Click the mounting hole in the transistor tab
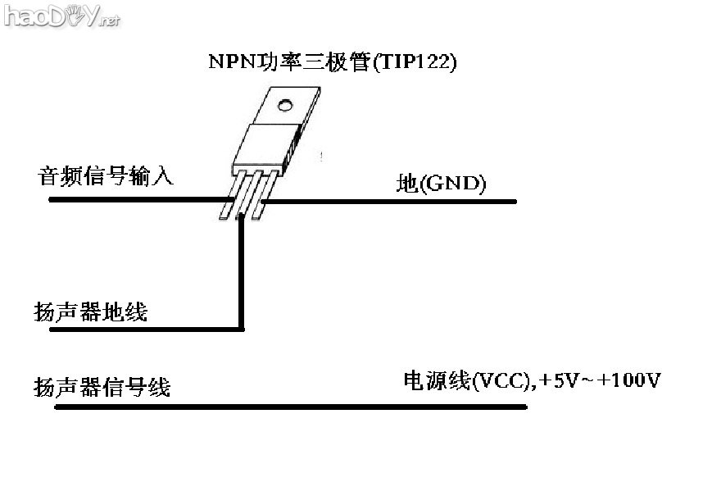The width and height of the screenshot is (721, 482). pos(285,105)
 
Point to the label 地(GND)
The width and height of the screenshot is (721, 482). pos(441,184)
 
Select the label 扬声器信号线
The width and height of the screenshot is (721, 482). pos(102,386)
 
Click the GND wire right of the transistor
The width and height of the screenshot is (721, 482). pos(393,200)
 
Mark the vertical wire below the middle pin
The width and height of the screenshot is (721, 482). pos(242,271)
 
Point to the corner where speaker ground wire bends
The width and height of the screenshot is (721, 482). pos(242,329)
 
